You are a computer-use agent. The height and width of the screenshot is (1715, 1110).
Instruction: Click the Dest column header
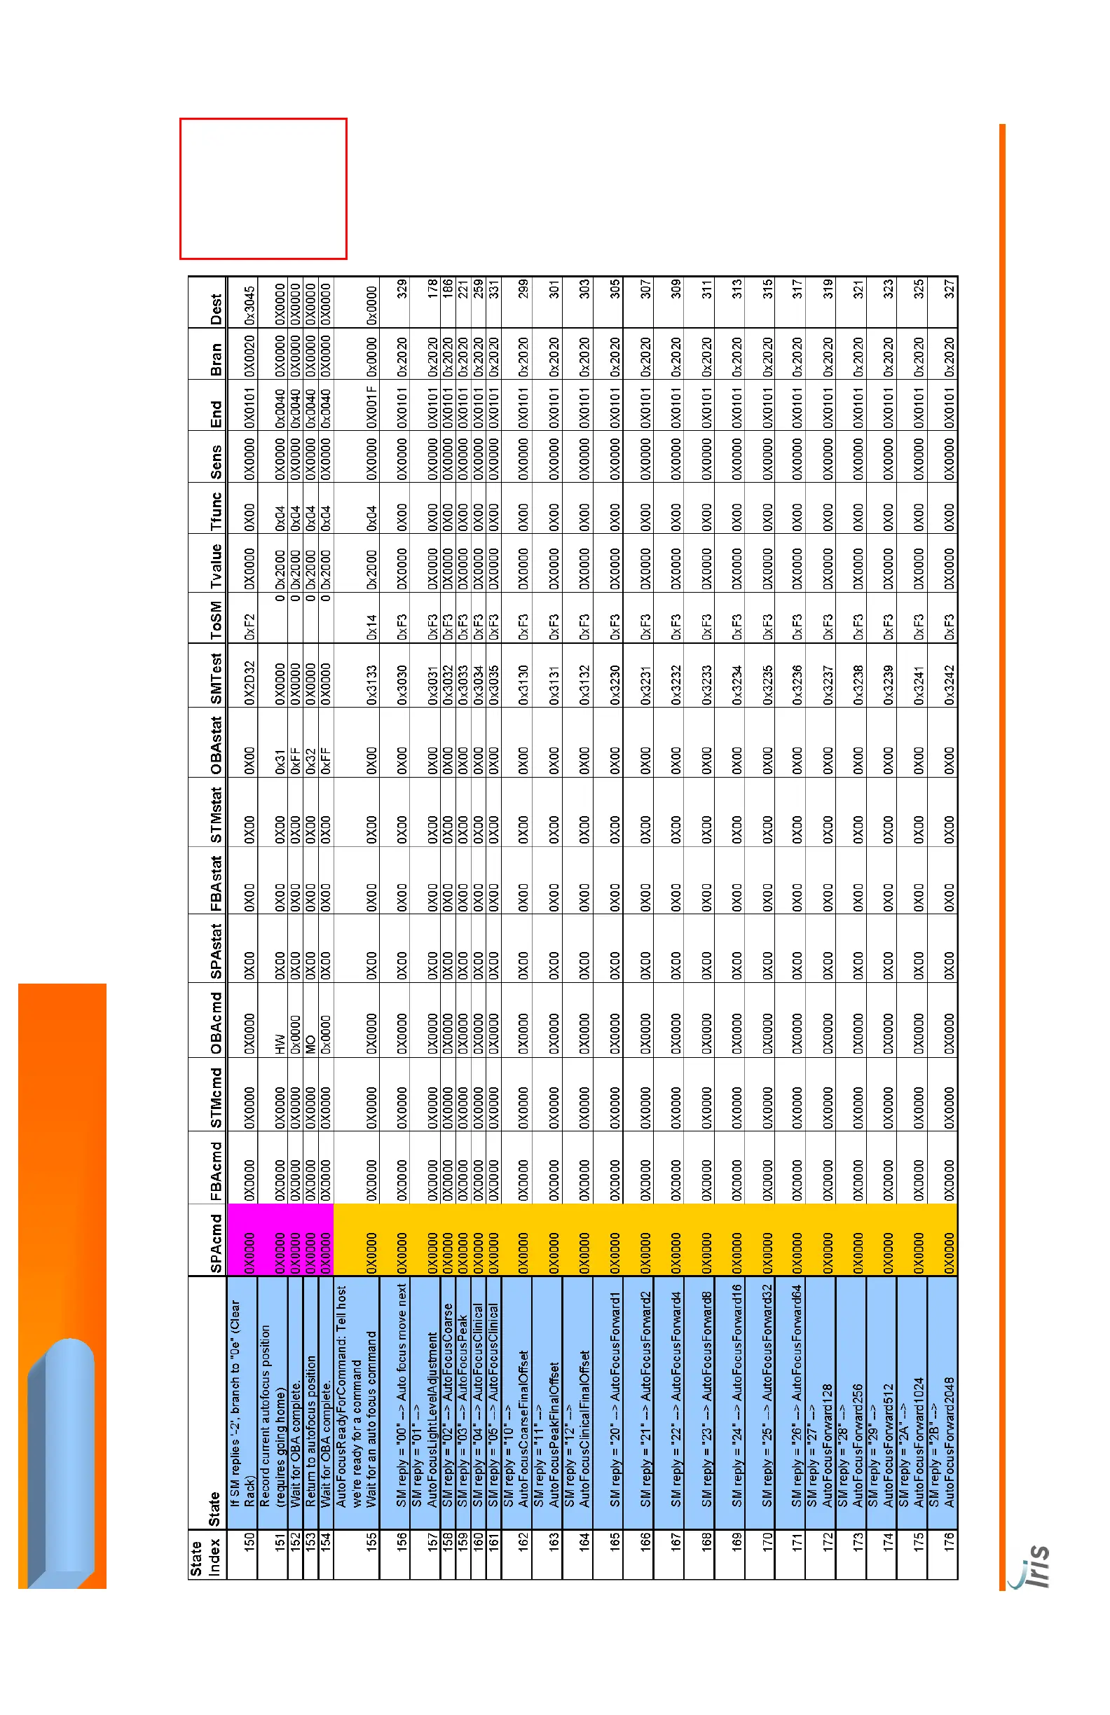click(x=216, y=309)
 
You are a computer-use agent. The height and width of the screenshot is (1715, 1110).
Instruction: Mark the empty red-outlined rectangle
click(x=263, y=188)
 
